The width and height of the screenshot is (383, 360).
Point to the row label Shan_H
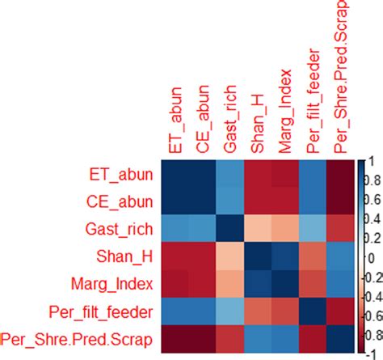[124, 256]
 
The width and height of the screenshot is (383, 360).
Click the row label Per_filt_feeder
[103, 311]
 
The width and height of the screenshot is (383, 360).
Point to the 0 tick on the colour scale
[372, 258]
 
